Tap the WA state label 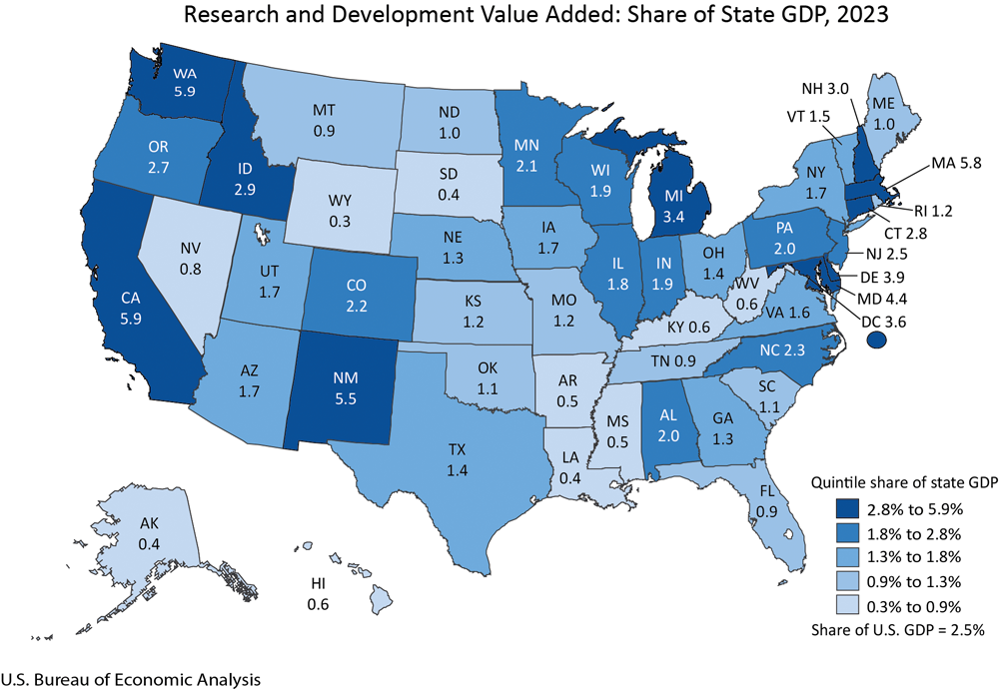point(183,72)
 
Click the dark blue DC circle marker point(876,341)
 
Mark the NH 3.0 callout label point(827,88)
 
